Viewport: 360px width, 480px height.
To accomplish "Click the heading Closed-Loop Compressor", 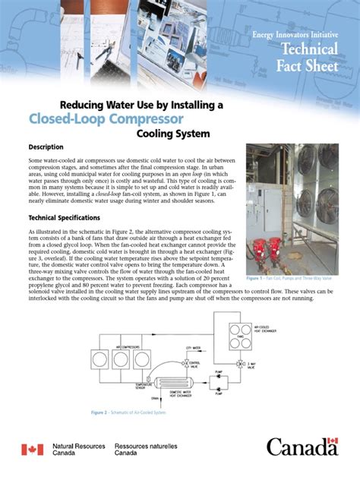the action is click(106, 119).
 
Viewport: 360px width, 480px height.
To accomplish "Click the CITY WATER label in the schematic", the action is click(195, 346).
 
